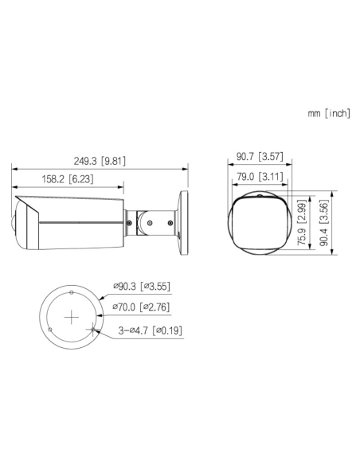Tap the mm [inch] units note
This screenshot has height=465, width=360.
[x=328, y=114]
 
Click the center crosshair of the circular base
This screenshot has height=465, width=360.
[x=72, y=318]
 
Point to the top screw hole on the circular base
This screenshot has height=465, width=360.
[x=72, y=292]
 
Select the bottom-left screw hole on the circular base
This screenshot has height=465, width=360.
[x=49, y=330]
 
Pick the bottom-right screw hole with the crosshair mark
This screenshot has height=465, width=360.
[x=94, y=329]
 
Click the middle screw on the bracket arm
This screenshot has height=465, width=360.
[x=149, y=224]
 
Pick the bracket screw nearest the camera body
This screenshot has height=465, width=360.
[x=128, y=225]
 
